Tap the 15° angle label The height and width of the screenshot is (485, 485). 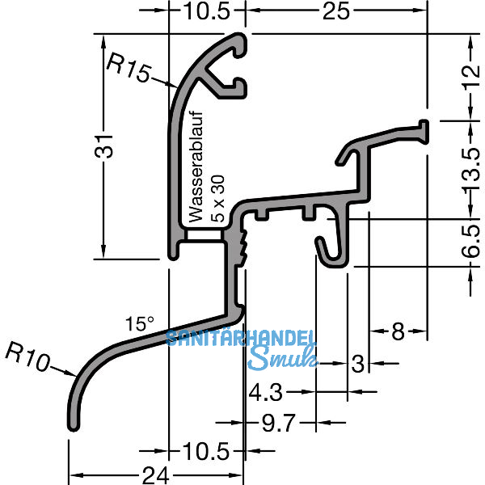[139, 324]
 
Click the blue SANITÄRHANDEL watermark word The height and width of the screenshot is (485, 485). [242, 339]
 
